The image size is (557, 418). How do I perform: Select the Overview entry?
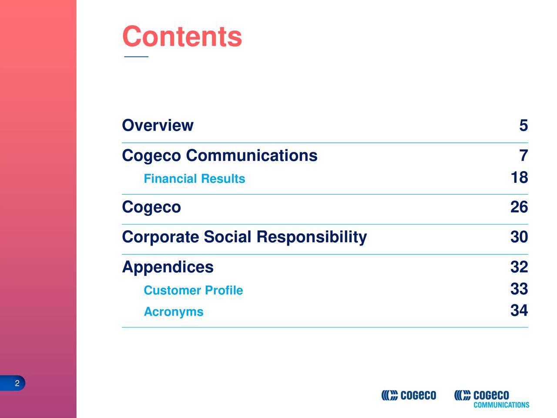(x=158, y=125)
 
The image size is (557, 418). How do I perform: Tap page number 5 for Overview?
(x=523, y=125)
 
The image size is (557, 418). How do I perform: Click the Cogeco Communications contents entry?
(x=219, y=155)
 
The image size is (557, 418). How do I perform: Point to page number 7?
(x=523, y=155)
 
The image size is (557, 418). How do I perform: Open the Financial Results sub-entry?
(x=194, y=179)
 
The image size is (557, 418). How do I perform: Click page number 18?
(x=519, y=178)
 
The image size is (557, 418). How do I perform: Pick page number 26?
(x=519, y=207)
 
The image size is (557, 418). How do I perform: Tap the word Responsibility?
(x=312, y=237)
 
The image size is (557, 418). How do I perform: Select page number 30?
(x=519, y=237)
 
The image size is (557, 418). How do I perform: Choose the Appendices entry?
(x=168, y=267)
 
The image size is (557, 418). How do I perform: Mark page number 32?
(x=519, y=267)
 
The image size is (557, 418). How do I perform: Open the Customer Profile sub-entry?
(x=193, y=290)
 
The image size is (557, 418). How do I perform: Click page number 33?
(x=519, y=289)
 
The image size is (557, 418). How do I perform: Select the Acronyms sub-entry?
(x=173, y=312)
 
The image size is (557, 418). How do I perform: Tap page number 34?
(x=519, y=311)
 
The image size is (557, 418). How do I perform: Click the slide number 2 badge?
(x=17, y=383)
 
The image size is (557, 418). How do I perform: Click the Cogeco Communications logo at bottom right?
(x=491, y=398)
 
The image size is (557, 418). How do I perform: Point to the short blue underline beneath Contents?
(x=136, y=57)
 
